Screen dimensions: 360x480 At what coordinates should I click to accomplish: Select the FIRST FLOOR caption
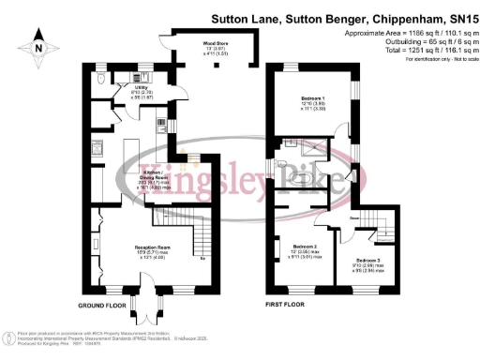pyautogui.click(x=285, y=307)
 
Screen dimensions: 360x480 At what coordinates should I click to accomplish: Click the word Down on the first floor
pyautogui.click(x=354, y=217)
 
